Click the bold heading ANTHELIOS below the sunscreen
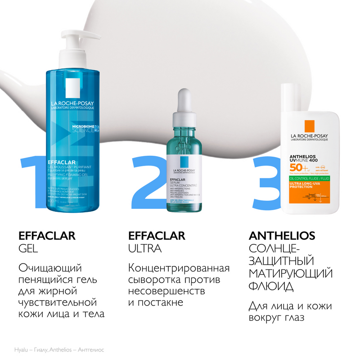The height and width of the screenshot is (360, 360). pos(282,236)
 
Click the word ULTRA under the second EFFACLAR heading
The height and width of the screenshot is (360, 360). pos(144,249)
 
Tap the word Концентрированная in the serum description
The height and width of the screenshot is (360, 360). pos(179,269)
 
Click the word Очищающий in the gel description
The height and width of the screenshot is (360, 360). pos(50,269)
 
